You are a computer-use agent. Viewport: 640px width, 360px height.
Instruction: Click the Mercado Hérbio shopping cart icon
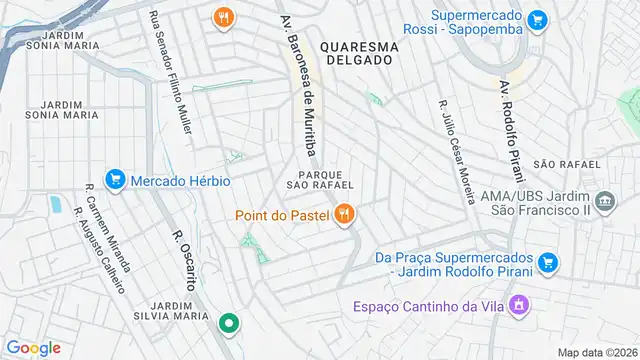115,181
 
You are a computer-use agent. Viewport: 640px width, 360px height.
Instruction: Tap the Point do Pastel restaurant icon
345,214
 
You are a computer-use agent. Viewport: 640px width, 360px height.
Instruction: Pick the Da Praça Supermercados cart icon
546,263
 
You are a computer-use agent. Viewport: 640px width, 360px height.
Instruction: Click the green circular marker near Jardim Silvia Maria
228,323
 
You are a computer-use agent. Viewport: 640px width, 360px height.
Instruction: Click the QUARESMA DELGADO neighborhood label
359,54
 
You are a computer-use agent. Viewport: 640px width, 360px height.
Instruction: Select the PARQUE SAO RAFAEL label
319,178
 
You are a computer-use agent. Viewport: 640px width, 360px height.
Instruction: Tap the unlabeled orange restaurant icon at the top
223,17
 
